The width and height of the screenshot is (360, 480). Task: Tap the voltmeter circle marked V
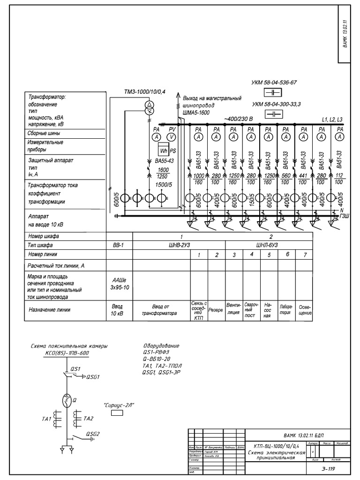point(172,137)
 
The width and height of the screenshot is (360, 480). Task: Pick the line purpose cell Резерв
point(216,310)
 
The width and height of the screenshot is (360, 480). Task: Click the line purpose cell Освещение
point(304,310)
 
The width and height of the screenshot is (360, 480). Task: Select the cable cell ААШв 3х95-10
point(120,284)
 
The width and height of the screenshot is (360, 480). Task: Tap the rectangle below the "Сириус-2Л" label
point(116,413)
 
